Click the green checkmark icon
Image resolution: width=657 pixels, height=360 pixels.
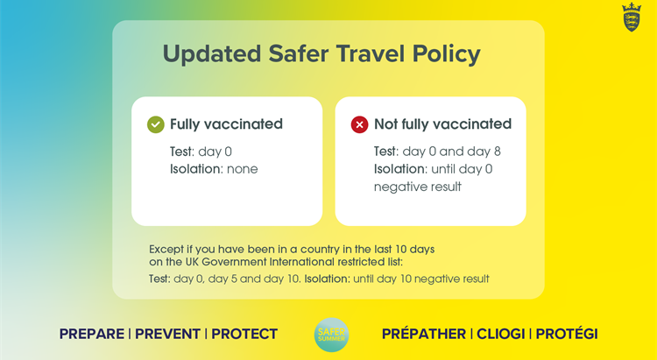[x=155, y=124]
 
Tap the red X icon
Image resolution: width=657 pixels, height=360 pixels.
[x=359, y=124]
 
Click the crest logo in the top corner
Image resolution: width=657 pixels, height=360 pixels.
[x=632, y=18]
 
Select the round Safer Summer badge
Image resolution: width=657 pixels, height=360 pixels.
[x=331, y=335]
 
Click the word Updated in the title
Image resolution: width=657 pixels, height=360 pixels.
[x=212, y=54]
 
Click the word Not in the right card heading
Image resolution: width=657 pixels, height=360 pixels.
[x=386, y=124]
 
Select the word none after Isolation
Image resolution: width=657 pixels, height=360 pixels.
[x=243, y=169]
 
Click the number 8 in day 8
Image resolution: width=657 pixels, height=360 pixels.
[x=498, y=152]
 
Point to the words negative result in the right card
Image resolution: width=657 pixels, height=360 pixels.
[x=418, y=187]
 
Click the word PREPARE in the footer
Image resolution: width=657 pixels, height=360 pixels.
[x=92, y=334]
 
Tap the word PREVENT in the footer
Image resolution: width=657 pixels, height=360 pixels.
[x=167, y=334]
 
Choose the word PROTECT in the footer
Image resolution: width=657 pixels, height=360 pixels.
[x=244, y=334]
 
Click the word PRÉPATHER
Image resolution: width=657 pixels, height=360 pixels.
[x=424, y=334]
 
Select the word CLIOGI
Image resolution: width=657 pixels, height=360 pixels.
[x=501, y=334]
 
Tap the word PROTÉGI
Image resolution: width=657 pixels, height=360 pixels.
[x=567, y=334]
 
